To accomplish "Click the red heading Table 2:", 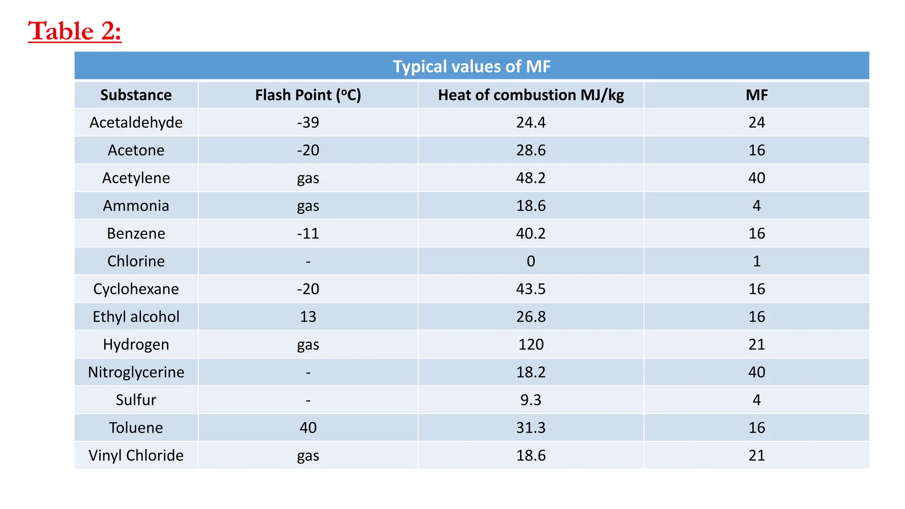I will pyautogui.click(x=74, y=31).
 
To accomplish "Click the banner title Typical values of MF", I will pyautogui.click(x=472, y=66).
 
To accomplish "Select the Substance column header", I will pyautogui.click(x=136, y=95).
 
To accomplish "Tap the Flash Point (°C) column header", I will pyautogui.click(x=308, y=95).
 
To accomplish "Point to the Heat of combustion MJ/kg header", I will pyautogui.click(x=531, y=95).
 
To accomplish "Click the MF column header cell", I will pyautogui.click(x=757, y=95).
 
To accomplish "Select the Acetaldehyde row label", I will pyautogui.click(x=136, y=122).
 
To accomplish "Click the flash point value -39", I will pyautogui.click(x=308, y=122).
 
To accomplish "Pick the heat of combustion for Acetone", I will pyautogui.click(x=531, y=150).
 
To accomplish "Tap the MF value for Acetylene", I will pyautogui.click(x=757, y=178).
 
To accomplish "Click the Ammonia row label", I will pyautogui.click(x=136, y=206).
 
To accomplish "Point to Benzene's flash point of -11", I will pyautogui.click(x=308, y=233).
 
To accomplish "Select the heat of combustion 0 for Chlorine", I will pyautogui.click(x=531, y=261).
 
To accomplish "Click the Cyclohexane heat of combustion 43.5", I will pyautogui.click(x=531, y=289).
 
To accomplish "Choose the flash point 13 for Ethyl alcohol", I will pyautogui.click(x=308, y=317).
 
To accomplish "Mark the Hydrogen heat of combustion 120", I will pyautogui.click(x=531, y=345).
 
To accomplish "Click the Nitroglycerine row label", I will pyautogui.click(x=136, y=372).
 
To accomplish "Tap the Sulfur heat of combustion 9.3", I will pyautogui.click(x=531, y=400).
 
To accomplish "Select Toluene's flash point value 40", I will pyautogui.click(x=308, y=428).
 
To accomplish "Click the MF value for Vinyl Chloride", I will pyautogui.click(x=757, y=456).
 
